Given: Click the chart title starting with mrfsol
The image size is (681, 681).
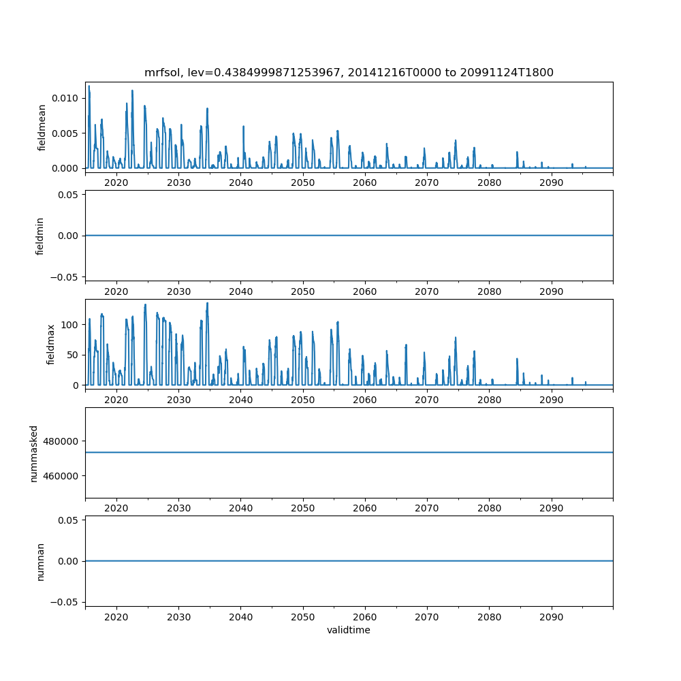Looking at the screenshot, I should point(349,72).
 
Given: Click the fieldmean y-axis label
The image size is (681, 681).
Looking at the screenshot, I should point(42,127).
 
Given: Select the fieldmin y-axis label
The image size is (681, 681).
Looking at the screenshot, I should point(40,236).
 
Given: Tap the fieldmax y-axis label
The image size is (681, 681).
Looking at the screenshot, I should point(50,344).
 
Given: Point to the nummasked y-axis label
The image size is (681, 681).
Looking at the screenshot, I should point(34,453).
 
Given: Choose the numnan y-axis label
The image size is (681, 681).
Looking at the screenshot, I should point(40,561).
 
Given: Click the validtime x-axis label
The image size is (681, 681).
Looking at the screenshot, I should point(349,631).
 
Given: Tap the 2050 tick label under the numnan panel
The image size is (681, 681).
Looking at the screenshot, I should point(303,617).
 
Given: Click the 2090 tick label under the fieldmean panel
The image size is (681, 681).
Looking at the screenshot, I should point(551,183).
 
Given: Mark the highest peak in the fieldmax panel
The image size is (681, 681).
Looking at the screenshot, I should point(207,304).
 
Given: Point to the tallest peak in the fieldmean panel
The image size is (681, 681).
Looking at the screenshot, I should point(89,86).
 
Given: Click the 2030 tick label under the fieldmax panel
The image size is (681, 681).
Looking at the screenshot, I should point(178,400).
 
